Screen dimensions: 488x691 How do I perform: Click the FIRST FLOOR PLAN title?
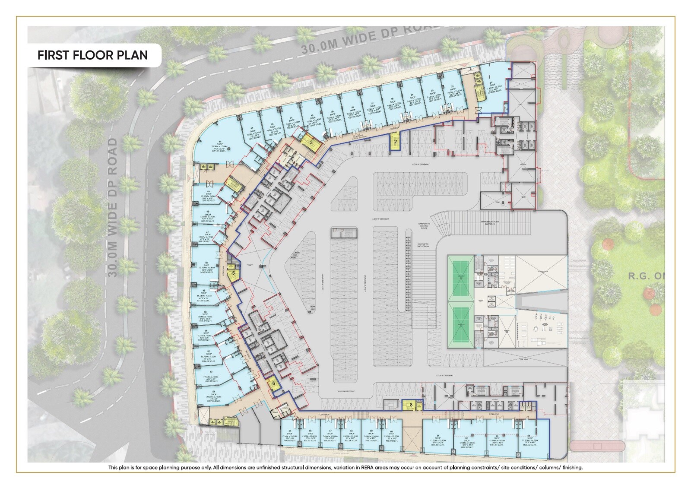coord(92,56)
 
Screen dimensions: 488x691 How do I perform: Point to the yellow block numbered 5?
coord(233,273)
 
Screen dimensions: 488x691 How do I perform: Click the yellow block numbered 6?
coord(273,383)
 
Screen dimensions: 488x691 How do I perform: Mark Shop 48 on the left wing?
coord(207,268)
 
